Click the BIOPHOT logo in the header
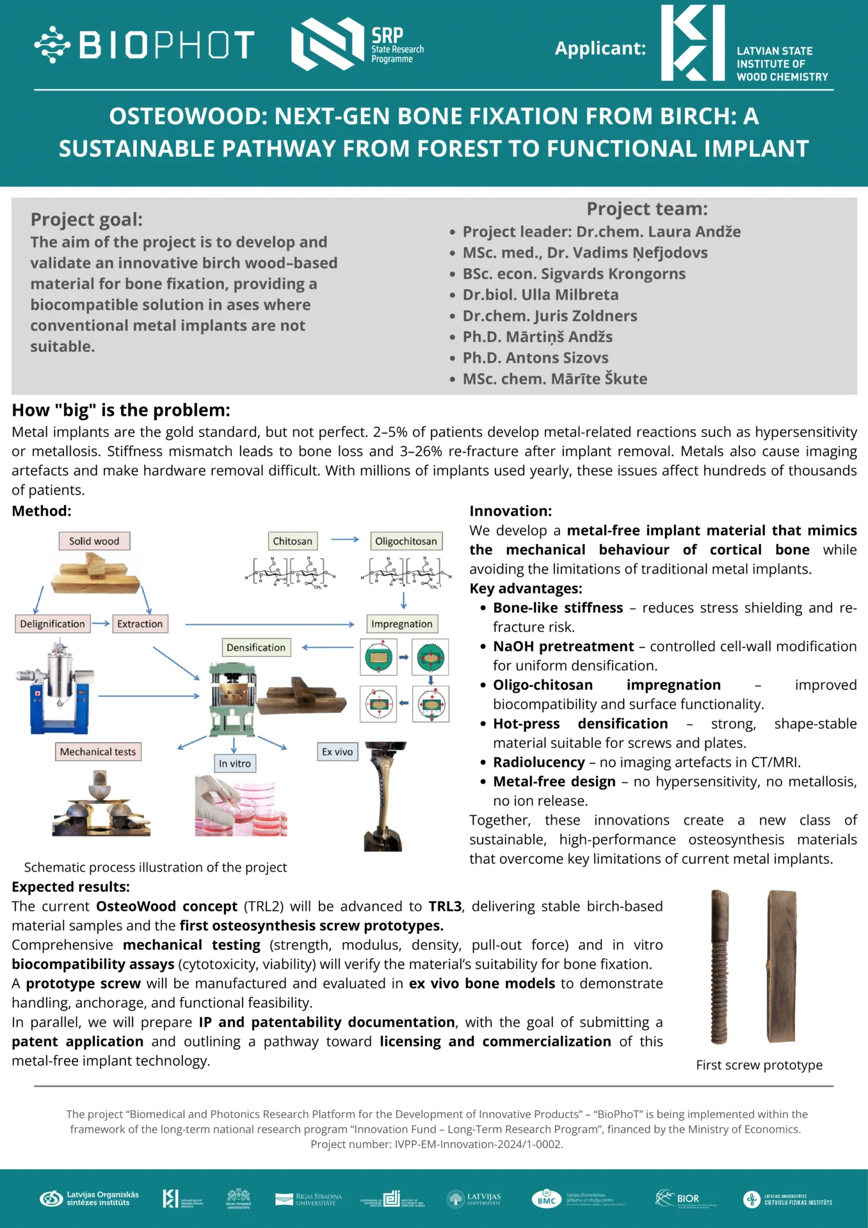145,45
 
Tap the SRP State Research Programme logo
357,44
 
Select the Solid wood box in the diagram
94,541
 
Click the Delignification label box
52,624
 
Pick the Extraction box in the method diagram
140,624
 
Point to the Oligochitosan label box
406,541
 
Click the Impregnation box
402,624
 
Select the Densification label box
256,647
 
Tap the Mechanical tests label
98,752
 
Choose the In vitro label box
235,763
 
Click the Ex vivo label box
337,752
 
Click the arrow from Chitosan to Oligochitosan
344,540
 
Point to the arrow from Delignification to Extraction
101,623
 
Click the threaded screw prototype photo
720,966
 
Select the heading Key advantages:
526,588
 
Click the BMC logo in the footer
547,1199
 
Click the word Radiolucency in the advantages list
539,762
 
